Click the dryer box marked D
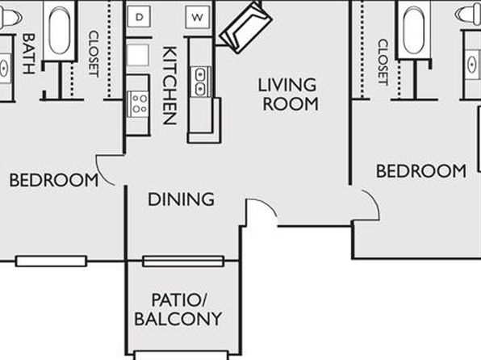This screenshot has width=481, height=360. [139, 17]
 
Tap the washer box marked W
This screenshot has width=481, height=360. [198, 17]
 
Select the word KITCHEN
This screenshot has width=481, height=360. [169, 86]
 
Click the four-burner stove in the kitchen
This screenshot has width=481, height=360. [138, 104]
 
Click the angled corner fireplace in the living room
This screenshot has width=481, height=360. [245, 27]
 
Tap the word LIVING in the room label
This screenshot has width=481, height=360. [287, 85]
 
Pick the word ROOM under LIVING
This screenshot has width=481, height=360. [291, 104]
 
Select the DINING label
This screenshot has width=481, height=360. [181, 199]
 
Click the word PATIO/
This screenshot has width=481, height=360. [180, 299]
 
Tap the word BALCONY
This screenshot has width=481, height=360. [178, 319]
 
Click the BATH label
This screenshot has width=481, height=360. [28, 54]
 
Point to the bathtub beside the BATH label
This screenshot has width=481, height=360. [59, 31]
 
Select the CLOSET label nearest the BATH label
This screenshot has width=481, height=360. [94, 54]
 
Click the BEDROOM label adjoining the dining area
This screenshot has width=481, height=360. [54, 180]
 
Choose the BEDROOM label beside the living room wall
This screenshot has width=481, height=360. [421, 170]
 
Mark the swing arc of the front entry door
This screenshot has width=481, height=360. [267, 205]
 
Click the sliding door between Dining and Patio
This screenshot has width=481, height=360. [183, 262]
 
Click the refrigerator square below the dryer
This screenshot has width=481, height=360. [138, 55]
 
